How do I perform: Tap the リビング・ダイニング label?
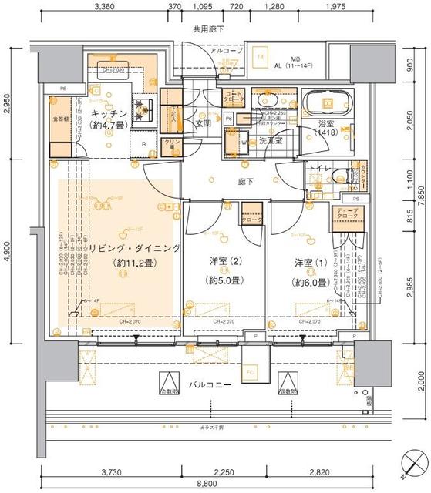point(134,248)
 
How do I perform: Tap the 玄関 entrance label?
point(204,123)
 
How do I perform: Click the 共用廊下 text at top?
point(208,29)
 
